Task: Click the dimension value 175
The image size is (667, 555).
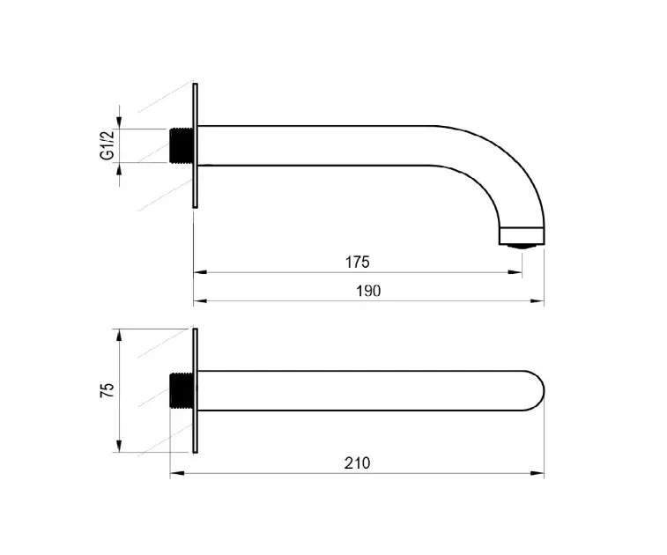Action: (x=358, y=262)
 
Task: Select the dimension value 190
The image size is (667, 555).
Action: (x=368, y=291)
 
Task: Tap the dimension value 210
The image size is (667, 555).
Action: (x=358, y=462)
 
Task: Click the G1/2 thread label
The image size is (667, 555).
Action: (x=107, y=145)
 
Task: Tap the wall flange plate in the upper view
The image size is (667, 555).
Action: (x=196, y=145)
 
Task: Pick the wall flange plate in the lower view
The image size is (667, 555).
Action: (x=196, y=390)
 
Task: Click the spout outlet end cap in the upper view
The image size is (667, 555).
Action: (x=522, y=236)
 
